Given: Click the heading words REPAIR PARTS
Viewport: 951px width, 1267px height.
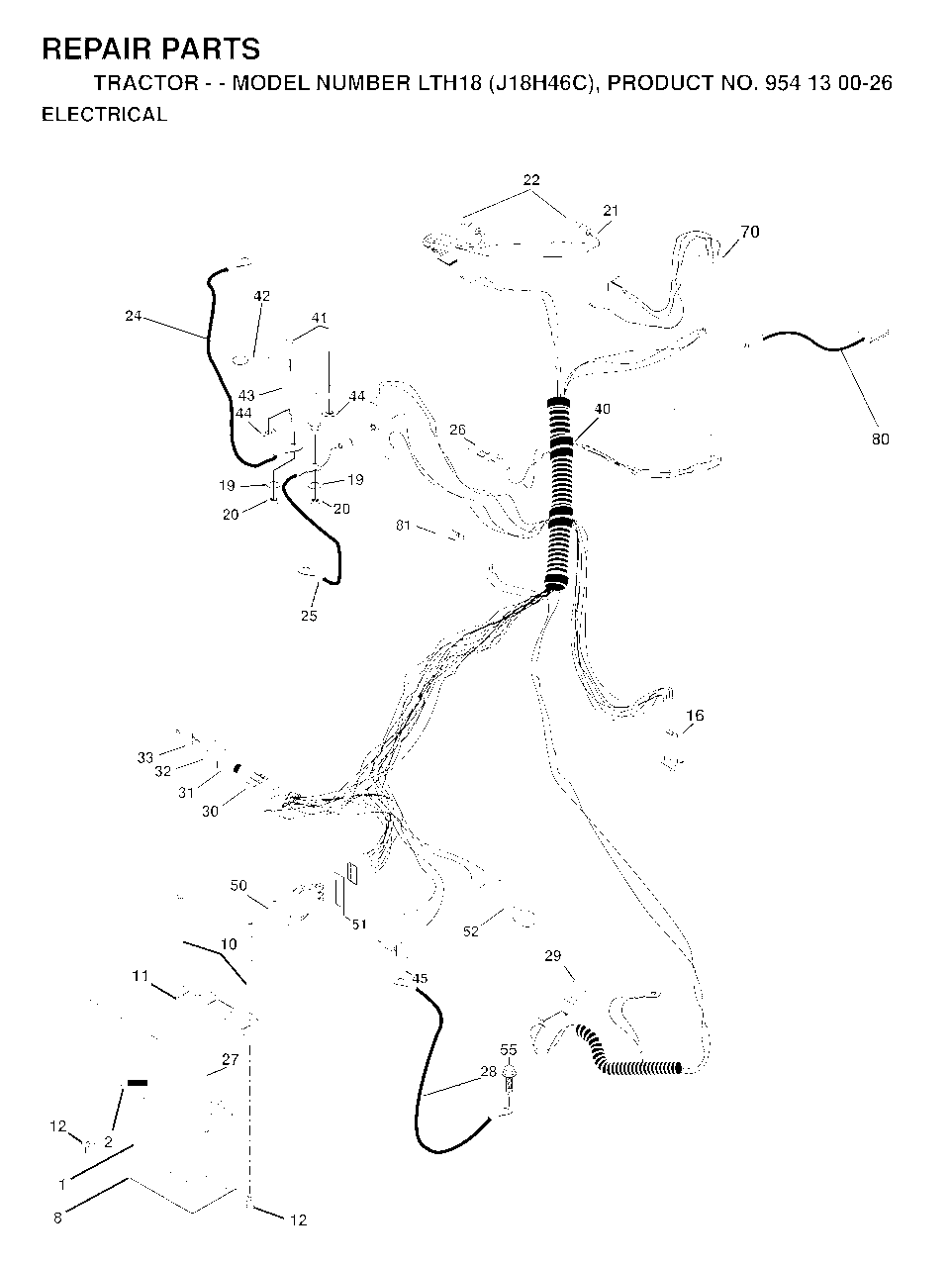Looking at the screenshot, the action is tap(151, 49).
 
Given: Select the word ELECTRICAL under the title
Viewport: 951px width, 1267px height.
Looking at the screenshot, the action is tap(105, 114).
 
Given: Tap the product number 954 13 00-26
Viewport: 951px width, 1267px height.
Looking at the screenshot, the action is tap(828, 83).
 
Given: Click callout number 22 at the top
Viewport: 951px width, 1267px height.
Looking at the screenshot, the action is tap(531, 179).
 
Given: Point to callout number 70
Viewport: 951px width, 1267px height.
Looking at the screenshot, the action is tap(750, 232).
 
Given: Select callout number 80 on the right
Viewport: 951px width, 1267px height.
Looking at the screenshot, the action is tap(880, 439).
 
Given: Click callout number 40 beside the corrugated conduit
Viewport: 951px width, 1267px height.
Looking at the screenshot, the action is tap(602, 409).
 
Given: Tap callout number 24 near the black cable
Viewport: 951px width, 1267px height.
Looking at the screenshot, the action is tap(134, 316).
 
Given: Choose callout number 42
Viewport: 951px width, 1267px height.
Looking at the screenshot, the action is tap(262, 296).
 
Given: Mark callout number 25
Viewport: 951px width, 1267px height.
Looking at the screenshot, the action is tap(309, 616).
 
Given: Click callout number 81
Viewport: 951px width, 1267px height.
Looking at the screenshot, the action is tap(403, 526).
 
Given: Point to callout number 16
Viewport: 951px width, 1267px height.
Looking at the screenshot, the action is tap(696, 716).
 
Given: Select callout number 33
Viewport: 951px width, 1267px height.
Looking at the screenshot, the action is tap(145, 757).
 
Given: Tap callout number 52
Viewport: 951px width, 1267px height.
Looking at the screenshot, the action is tap(471, 931).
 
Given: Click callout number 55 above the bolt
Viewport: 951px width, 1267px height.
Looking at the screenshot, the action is tap(509, 1050).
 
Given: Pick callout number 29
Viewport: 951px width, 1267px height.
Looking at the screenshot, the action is tap(553, 956).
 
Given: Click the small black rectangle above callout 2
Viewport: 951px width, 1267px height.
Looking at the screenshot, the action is tap(137, 1083).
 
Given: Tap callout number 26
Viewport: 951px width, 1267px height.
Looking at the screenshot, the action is tap(457, 430).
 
